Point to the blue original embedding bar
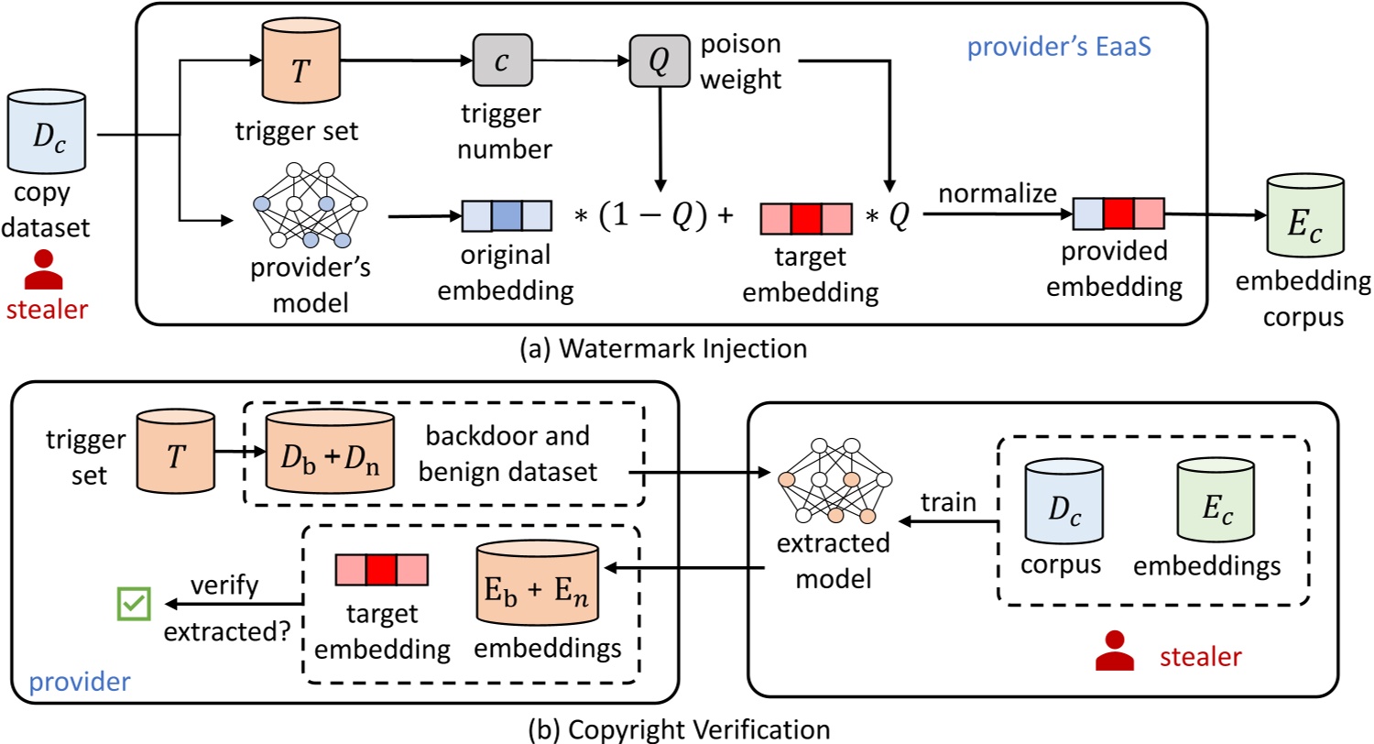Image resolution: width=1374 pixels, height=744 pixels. (x=506, y=218)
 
